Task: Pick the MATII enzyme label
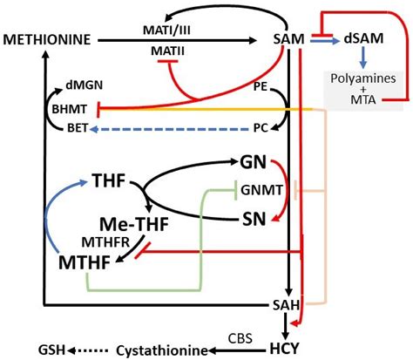click(x=161, y=51)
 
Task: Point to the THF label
click(x=108, y=183)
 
